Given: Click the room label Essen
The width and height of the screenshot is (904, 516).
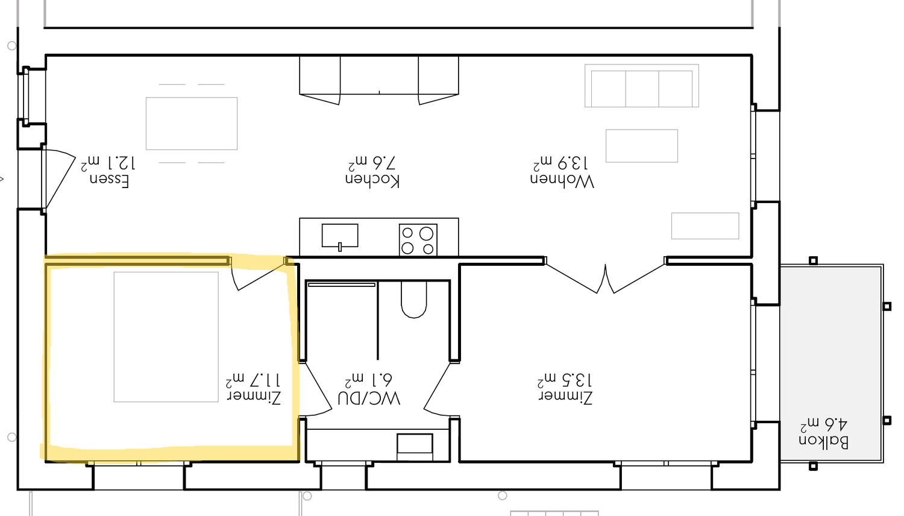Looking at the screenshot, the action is coord(109,181).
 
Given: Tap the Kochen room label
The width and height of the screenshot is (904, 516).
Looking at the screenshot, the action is coord(372,180).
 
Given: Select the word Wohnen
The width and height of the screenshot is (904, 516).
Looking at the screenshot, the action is coord(562,181).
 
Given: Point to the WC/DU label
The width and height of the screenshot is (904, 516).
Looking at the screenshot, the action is coord(369,398).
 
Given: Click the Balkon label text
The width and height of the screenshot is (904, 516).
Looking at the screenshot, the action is coord(824,442).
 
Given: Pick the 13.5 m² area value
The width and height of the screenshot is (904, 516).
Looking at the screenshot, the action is coord(565,380).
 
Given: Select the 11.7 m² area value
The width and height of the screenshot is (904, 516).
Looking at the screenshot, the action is coord(253,380).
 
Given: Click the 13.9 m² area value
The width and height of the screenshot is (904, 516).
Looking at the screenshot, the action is coord(560,163).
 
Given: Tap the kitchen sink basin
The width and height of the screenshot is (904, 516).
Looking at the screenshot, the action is coord(340,236).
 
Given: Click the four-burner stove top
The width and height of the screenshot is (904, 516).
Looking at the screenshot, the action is coord(418,240).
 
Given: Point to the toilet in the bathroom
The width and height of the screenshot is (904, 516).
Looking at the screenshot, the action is coord(413,300).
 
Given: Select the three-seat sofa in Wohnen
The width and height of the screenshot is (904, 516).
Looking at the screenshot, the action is coord(642,86).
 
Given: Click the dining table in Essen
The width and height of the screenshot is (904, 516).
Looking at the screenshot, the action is coord(192,124).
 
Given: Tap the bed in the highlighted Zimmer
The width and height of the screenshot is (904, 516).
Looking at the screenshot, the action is coord(166,337).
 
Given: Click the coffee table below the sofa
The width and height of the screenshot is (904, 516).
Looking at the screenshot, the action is coord(642,146).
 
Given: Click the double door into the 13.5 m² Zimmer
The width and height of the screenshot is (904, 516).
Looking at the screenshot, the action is coord(605,278).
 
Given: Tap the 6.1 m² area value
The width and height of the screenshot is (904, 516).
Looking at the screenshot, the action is coord(369,380).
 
